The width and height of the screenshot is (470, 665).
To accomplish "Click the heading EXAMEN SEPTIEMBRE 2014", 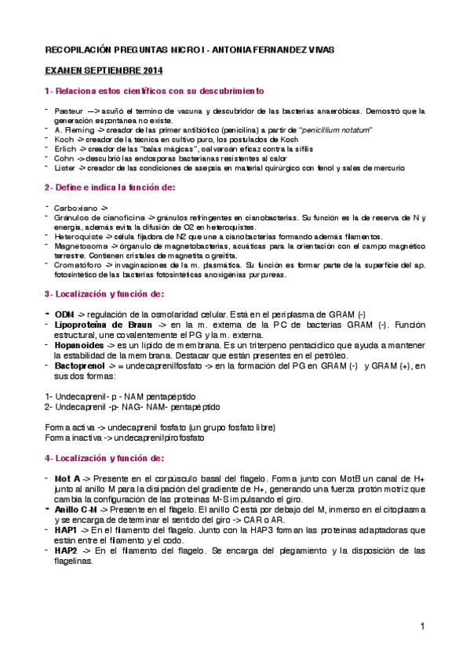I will [97, 71].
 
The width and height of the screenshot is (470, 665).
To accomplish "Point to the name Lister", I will [64, 168].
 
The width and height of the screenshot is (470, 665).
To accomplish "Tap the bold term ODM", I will [64, 314].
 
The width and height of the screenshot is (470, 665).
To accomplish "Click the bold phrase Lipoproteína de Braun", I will [100, 324].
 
